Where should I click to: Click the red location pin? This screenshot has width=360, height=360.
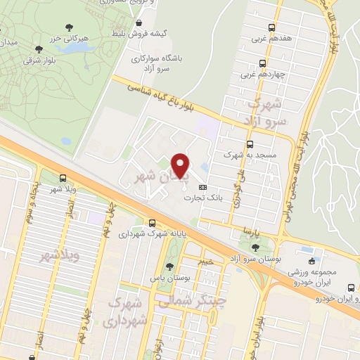coord(181,165)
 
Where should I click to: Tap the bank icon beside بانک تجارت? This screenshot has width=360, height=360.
coord(203,187)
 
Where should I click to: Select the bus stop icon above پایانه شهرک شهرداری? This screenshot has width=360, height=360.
coord(153,223)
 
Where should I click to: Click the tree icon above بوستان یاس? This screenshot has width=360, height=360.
coord(169,266)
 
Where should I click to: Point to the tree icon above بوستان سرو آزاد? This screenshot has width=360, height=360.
coord(255,247)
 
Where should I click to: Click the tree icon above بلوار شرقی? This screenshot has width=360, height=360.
coord(38,49)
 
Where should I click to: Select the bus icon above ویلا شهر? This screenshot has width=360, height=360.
coord(63,179)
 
